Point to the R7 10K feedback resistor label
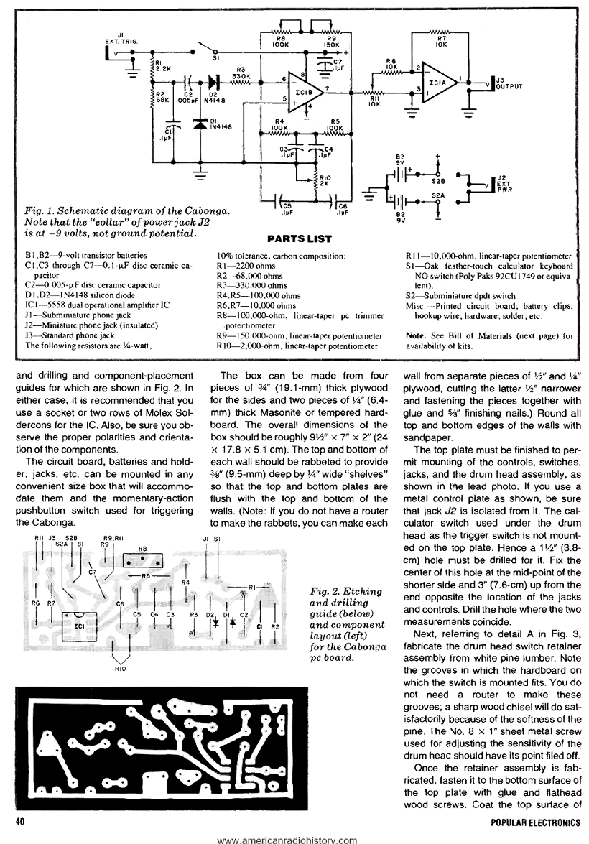pyautogui.click(x=441, y=40)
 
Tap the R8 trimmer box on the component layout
pyautogui.click(x=142, y=557)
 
